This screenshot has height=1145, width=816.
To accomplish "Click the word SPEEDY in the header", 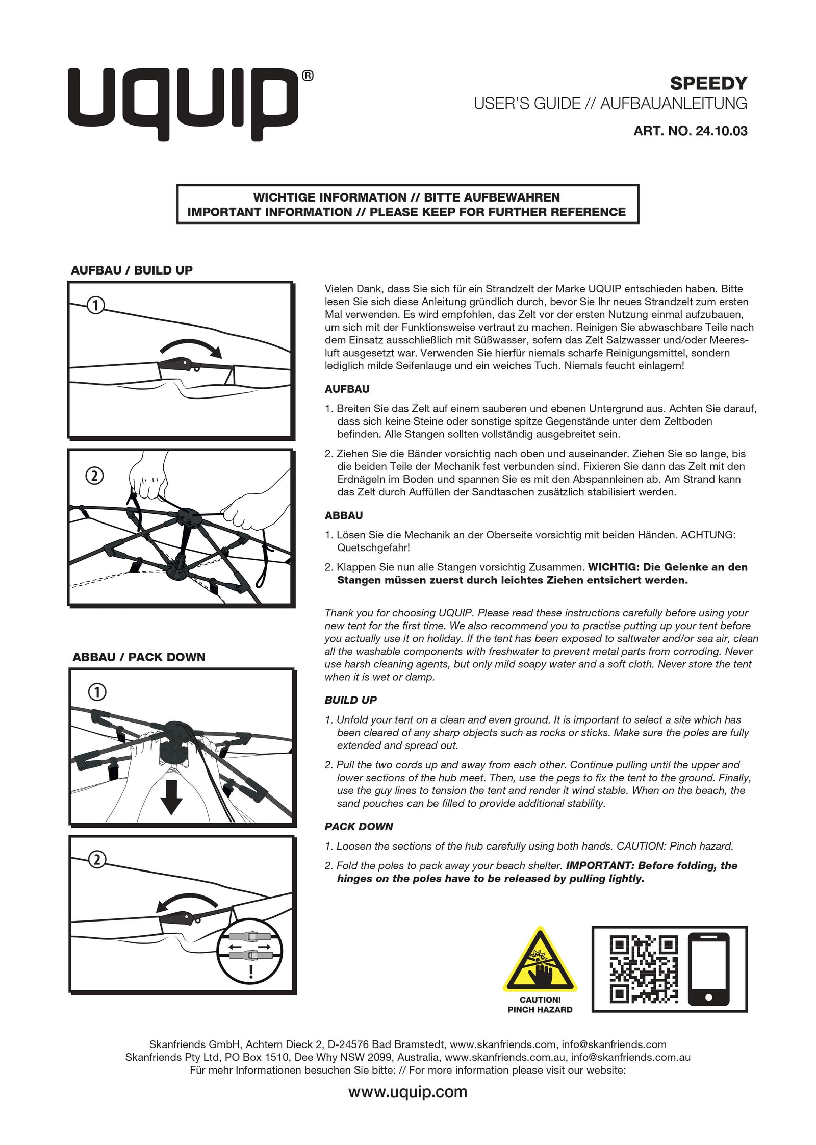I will [x=708, y=83].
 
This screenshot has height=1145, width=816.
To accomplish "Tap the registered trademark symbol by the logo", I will [x=308, y=76].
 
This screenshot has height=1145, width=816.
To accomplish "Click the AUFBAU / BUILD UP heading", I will [x=132, y=270].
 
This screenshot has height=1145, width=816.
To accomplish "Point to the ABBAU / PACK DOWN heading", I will [x=139, y=657].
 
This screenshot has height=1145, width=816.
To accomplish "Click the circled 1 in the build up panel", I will [x=95, y=306].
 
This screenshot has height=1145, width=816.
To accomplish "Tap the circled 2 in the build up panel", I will [x=95, y=476].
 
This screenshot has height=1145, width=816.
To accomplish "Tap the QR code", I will [x=644, y=969].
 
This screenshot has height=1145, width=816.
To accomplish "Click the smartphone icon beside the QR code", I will [x=708, y=969].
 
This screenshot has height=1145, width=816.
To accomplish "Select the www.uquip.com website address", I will [x=407, y=1091].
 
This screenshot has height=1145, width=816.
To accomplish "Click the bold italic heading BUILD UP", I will [x=350, y=700].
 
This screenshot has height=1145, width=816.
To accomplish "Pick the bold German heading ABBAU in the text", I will [x=343, y=515].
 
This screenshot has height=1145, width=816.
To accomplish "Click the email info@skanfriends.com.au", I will [x=630, y=1057].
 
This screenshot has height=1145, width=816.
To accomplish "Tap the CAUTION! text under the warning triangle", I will [x=540, y=1000].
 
